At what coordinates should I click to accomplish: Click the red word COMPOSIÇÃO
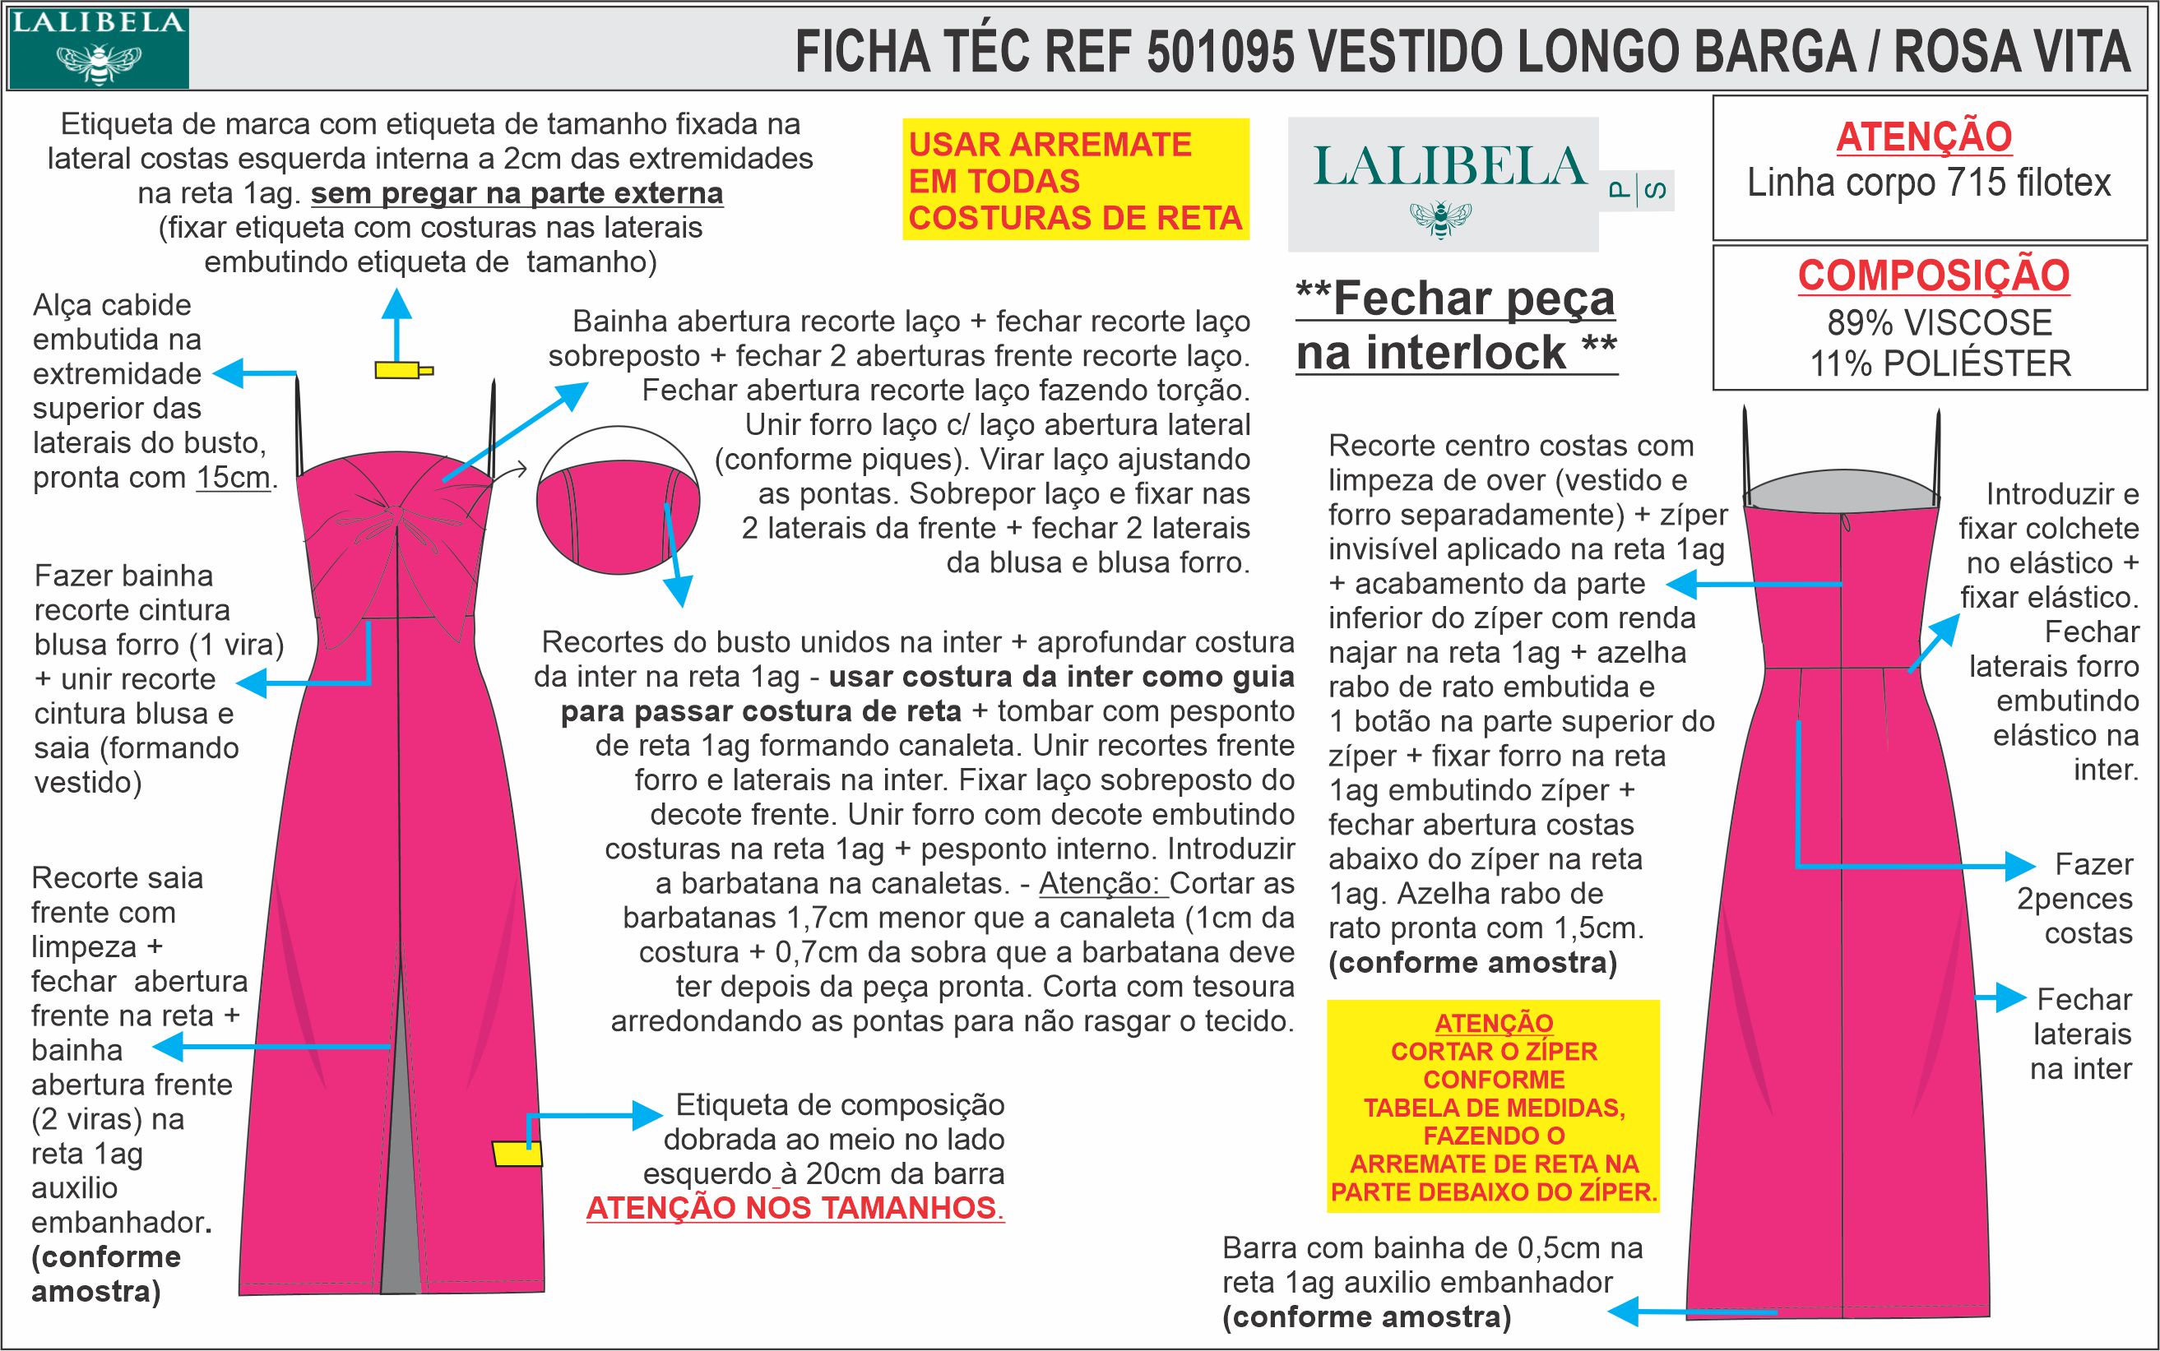(1933, 275)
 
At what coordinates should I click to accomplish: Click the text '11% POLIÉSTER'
(1940, 363)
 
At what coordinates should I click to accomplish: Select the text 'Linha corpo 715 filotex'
(1929, 183)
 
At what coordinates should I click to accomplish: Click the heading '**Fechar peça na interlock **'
(1456, 324)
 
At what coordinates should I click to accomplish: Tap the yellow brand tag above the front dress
(401, 370)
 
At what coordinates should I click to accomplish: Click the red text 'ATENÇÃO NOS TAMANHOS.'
(795, 1208)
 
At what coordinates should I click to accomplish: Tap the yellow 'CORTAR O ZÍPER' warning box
(1492, 1106)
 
